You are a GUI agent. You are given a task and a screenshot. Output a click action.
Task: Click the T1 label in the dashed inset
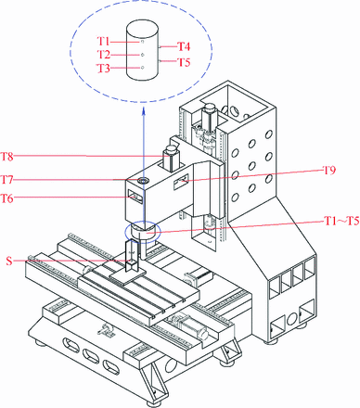pos(104,41)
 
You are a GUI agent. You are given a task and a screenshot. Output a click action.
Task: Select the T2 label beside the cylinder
pos(104,55)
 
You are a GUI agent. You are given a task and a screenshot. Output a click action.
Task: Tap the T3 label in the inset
pos(104,68)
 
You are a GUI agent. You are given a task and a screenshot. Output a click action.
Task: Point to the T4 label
pos(184,46)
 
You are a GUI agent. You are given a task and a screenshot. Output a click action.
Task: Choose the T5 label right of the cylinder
pos(184,62)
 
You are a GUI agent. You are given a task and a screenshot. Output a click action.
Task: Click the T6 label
pos(7,198)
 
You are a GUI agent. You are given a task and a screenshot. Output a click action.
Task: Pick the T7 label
pos(7,179)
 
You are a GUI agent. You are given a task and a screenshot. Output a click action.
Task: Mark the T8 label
pos(7,157)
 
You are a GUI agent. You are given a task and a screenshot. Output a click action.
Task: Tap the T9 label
pos(329,170)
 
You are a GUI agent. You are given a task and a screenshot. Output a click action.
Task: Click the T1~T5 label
pos(341,221)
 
